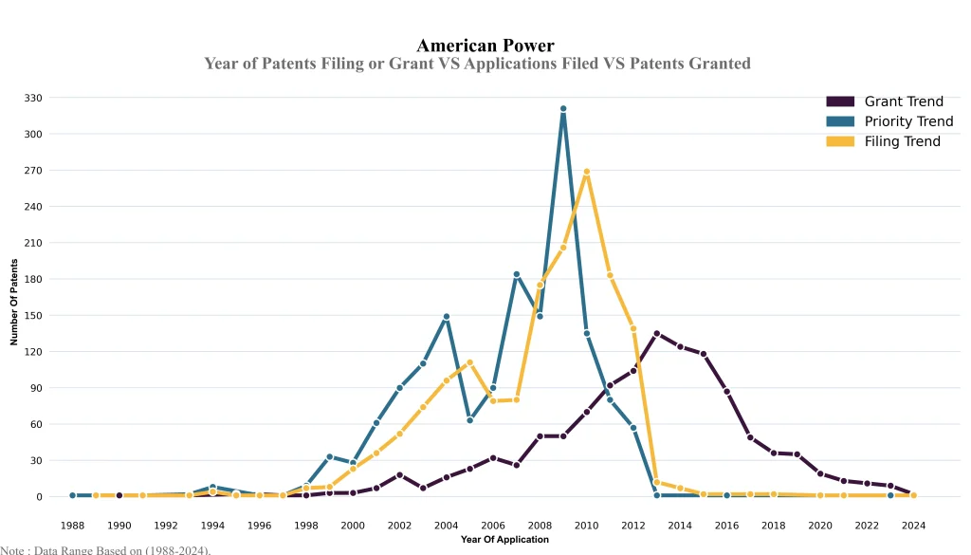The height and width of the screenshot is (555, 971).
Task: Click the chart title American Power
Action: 485,46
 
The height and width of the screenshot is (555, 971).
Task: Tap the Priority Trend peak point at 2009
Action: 563,109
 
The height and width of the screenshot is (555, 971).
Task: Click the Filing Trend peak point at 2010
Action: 587,172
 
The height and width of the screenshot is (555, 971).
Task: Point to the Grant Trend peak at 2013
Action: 656,334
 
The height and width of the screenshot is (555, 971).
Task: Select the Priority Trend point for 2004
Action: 446,317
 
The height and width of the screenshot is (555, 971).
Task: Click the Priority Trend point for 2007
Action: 517,274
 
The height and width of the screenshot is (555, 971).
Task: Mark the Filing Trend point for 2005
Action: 469,362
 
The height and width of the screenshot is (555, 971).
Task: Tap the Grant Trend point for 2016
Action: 726,392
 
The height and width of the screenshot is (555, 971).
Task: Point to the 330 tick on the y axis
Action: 33,98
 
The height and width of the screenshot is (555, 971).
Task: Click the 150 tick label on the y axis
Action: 33,315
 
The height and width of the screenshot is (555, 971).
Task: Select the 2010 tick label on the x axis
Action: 586,525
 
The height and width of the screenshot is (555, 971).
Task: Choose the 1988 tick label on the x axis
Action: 72,525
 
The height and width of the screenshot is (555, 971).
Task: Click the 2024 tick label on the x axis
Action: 913,525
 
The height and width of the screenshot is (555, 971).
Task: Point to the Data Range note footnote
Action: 105,549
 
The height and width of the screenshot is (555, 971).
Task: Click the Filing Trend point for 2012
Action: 633,328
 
